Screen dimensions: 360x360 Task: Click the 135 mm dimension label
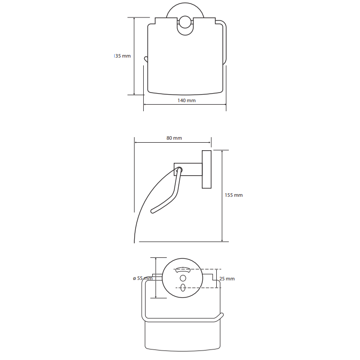point(122,56)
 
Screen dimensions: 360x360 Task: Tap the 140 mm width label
point(186,100)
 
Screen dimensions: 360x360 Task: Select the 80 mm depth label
point(174,138)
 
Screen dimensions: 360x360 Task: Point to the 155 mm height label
point(233,195)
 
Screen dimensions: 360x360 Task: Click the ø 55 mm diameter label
point(143,278)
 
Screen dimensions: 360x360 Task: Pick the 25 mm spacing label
point(227,278)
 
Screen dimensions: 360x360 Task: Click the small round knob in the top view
point(185,22)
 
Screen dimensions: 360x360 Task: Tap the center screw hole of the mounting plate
point(183,278)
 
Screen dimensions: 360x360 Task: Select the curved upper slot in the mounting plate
point(183,269)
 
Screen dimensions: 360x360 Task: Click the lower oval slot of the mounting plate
point(183,287)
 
